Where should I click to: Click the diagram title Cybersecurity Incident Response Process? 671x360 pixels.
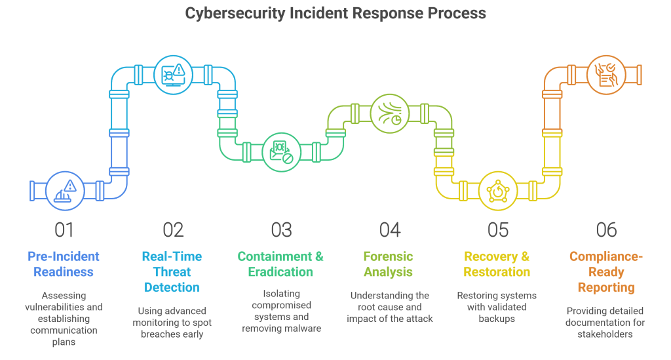point(335,13)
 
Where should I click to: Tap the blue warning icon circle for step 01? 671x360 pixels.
point(65,191)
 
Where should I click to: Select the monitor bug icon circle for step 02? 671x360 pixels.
point(173,75)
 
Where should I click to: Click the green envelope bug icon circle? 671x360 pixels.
point(282,152)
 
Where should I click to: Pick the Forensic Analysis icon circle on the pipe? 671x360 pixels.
point(390,113)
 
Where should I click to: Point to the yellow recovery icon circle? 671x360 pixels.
point(498,191)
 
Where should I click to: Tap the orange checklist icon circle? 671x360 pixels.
point(606,75)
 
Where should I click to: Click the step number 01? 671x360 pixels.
point(64,230)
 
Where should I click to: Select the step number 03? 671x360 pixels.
point(282,230)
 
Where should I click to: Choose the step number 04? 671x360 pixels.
point(390,230)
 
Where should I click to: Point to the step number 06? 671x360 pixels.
point(606,230)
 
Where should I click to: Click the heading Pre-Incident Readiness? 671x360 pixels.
point(64,264)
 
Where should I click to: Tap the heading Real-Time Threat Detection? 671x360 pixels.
point(172,272)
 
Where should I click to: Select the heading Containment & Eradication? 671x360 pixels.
point(280,264)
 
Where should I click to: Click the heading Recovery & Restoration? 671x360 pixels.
point(497,264)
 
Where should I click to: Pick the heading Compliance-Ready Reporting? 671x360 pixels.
point(606,272)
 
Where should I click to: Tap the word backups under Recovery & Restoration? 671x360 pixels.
point(497,319)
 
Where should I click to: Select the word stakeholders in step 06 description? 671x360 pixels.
point(605,334)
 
